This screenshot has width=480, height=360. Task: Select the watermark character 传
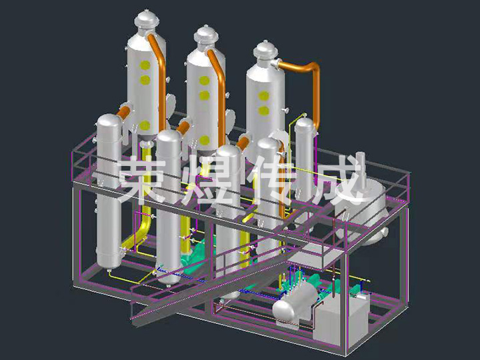(x=273, y=180)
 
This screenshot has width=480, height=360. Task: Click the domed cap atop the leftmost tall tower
(x=145, y=21)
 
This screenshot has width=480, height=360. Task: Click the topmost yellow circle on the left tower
(x=144, y=65)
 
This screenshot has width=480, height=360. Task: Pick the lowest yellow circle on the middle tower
(x=204, y=141)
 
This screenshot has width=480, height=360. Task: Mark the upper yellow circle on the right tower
(x=263, y=96)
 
